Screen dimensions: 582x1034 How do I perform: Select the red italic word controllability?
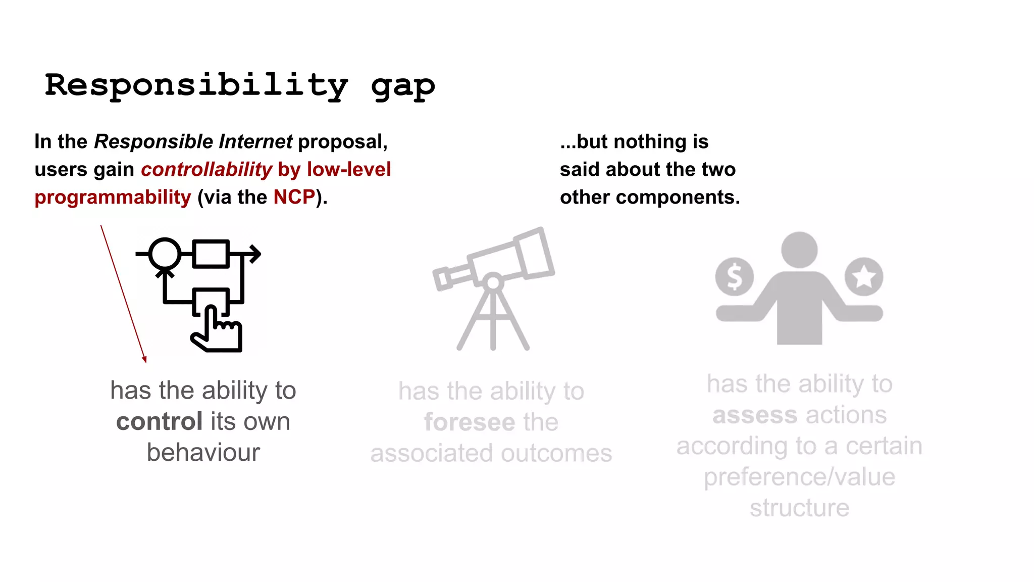coord(206,170)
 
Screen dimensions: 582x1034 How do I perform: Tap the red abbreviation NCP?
coord(294,197)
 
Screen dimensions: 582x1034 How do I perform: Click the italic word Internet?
coord(255,142)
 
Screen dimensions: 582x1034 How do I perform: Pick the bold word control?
coord(160,421)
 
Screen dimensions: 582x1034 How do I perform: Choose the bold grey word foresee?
coord(470,422)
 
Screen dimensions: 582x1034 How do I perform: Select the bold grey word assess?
coord(755,415)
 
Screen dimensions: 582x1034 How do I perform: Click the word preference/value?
coord(800,477)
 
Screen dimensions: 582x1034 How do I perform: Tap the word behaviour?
coord(203,453)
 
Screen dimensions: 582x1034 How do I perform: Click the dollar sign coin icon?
coord(735,277)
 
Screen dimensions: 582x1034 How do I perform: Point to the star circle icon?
coord(864,276)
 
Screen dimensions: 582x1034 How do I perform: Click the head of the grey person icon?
coord(799,250)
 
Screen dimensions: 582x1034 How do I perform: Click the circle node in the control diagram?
coord(165,254)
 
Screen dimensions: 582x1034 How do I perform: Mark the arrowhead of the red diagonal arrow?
coord(144,359)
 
